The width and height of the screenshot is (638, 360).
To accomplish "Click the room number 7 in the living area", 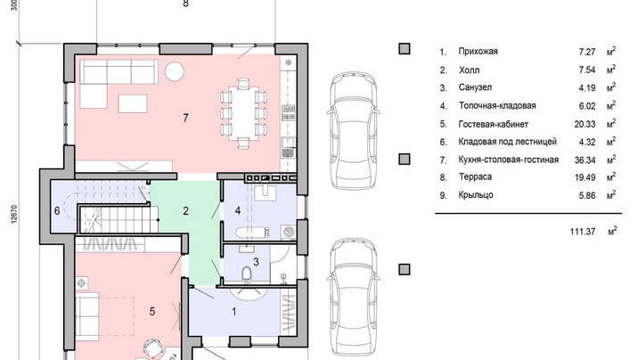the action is pos(186,118).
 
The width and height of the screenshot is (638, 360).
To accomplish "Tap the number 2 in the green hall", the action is pos(186,210).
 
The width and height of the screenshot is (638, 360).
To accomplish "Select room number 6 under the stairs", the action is pos(57,210).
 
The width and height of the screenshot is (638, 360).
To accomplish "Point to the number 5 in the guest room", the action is pos(151,312).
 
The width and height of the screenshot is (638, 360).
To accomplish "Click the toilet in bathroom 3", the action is pos(247,274).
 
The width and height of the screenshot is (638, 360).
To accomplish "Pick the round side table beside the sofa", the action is pos(175,71).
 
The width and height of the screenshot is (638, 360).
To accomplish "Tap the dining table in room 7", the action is pos(243,113).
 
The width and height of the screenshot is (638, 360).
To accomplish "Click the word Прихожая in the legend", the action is pos(478,52).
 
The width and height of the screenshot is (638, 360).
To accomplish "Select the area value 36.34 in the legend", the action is pos(585,160).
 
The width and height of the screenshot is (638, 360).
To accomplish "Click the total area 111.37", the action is pos(583,232).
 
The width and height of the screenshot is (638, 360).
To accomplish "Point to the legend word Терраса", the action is pos(475,177).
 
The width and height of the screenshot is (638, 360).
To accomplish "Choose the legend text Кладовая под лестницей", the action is pos(507,142).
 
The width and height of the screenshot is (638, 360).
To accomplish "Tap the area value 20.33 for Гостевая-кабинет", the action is pos(585,125).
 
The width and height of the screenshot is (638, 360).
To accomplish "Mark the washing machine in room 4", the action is pos(288,233).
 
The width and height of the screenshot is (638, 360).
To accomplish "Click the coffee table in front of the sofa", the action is pos(133,103).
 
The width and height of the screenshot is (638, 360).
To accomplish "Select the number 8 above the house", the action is pos(186,4).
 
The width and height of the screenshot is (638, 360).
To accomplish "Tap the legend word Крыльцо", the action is pos(476,195).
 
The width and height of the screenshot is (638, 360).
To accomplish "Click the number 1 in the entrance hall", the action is pos(234,312).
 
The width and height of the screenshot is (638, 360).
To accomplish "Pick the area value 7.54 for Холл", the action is pos(586,70).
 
